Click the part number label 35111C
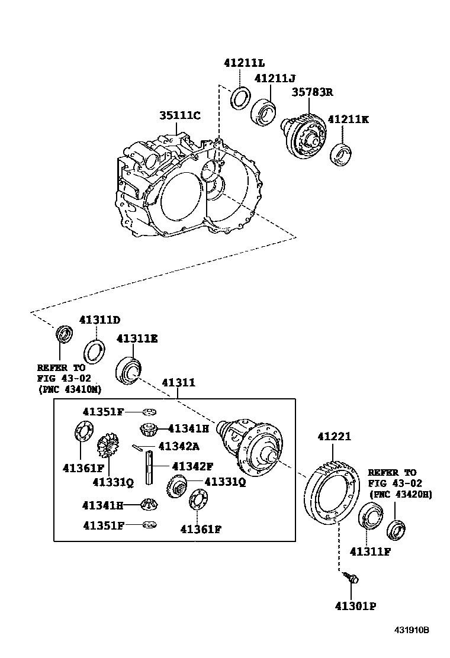[179, 115]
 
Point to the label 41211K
[348, 119]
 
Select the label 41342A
[179, 446]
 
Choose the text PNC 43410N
[69, 389]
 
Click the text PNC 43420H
[400, 493]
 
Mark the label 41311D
[99, 320]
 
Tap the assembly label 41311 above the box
[178, 383]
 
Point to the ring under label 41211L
[239, 97]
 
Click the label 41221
[334, 437]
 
